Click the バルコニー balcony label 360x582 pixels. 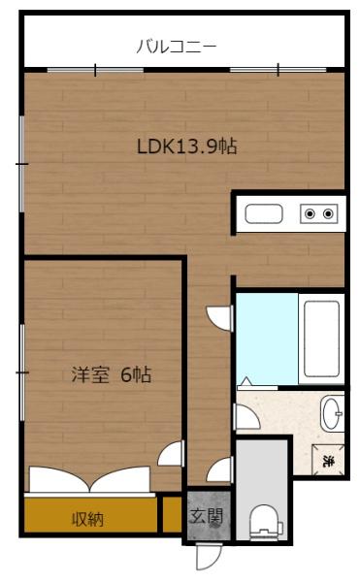[x=176, y=45]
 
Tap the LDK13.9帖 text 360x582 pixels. [x=187, y=147]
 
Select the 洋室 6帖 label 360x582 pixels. [x=111, y=374]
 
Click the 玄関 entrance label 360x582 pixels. [x=205, y=515]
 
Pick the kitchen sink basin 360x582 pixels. [x=263, y=213]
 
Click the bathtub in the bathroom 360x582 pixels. [x=321, y=339]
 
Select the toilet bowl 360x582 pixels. [x=262, y=519]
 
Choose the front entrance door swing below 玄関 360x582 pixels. [x=206, y=555]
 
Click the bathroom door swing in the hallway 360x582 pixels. [x=220, y=317]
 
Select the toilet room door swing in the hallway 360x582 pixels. [x=221, y=470]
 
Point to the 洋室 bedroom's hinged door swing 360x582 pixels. [x=172, y=455]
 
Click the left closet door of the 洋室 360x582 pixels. [x=58, y=478]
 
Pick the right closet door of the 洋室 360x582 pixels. [x=123, y=478]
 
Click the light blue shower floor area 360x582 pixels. [x=268, y=339]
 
